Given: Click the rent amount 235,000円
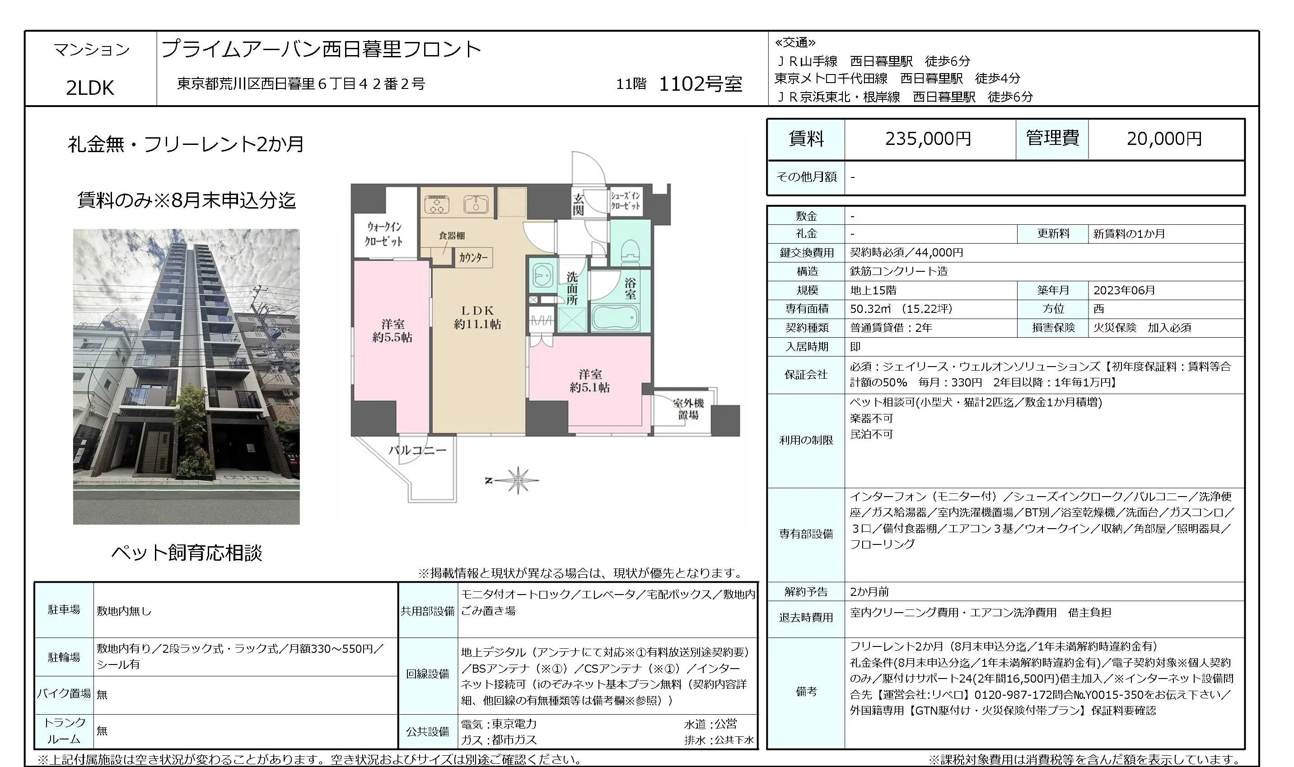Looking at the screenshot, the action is coord(928,139).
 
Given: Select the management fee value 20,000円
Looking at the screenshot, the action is coord(1164,139).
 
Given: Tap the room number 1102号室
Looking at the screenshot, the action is coord(701,84).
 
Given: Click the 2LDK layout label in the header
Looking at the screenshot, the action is coord(90,88).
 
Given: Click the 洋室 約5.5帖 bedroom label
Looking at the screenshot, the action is coord(392,331).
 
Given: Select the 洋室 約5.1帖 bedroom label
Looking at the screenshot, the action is coord(589,381).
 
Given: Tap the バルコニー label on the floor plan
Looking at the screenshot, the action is coord(417,450).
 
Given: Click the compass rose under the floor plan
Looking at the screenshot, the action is coord(518,480).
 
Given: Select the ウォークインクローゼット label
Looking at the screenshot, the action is coord(383,234).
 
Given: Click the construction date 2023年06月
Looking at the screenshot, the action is coord(1124,290).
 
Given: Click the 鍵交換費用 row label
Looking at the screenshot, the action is coord(807,253).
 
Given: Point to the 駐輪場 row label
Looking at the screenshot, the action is coord(64,657).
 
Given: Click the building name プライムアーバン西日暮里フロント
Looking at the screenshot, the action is coord(322,49).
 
